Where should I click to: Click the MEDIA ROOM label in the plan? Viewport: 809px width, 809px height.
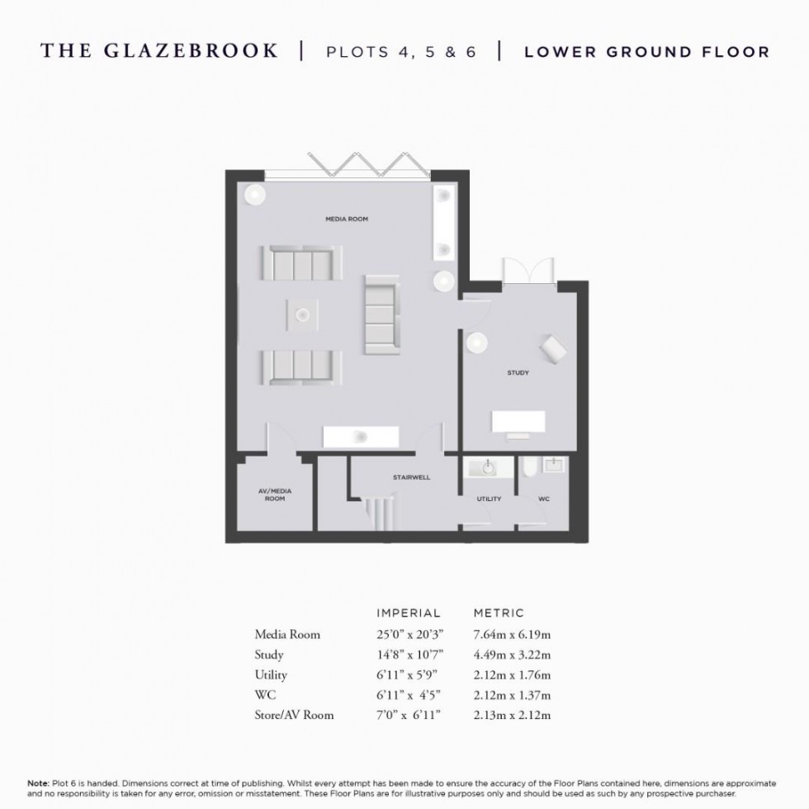(346, 220)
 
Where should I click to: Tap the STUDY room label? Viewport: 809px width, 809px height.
(518, 373)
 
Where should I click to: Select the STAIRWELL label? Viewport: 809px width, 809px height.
(410, 477)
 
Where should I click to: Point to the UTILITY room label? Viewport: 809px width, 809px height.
(489, 499)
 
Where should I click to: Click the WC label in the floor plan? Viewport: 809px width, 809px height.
(544, 499)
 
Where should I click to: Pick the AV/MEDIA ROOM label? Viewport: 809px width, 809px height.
(275, 495)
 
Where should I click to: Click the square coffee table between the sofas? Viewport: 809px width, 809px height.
(302, 313)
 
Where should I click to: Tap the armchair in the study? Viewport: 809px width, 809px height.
(552, 349)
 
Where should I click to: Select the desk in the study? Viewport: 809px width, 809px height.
(518, 422)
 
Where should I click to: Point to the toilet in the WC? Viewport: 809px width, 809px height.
(528, 471)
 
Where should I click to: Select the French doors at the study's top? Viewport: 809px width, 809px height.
(527, 272)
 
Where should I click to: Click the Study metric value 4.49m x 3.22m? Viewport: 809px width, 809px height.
(512, 655)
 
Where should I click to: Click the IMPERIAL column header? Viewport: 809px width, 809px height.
(409, 613)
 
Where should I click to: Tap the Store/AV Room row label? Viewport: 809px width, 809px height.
(295, 715)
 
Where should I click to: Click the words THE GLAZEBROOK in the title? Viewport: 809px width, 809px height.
(159, 51)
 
